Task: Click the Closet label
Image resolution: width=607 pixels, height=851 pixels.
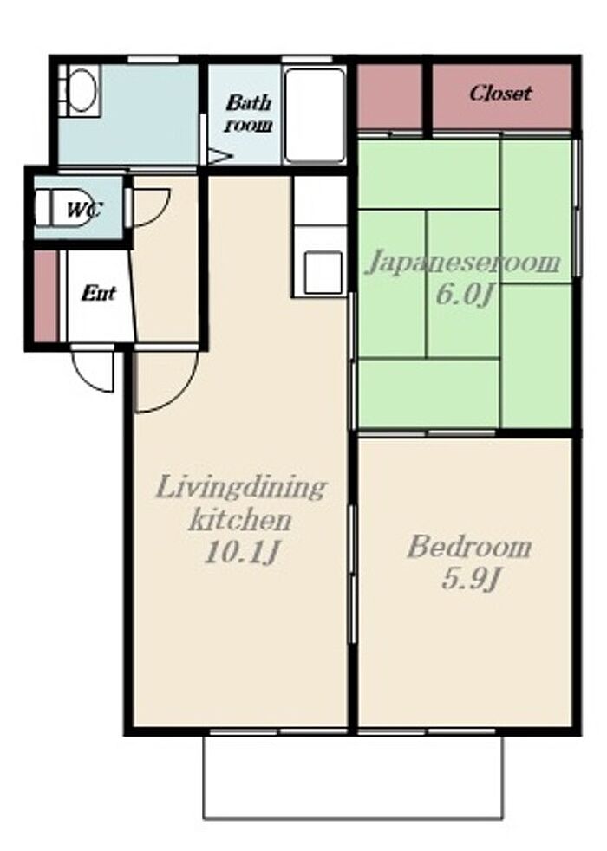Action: click(500, 94)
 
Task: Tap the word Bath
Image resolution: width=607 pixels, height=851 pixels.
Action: click(248, 102)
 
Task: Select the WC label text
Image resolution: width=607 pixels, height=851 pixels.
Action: click(83, 210)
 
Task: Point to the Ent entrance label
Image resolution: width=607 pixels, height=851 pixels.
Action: click(98, 294)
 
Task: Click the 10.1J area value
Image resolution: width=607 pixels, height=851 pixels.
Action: click(241, 553)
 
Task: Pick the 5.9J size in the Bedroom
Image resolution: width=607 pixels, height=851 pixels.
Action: click(470, 579)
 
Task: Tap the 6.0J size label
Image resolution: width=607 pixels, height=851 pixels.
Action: click(465, 296)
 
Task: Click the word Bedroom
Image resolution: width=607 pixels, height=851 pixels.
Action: click(469, 547)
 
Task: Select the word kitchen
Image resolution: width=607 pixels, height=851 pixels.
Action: click(240, 521)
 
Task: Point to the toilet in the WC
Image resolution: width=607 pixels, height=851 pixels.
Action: click(65, 207)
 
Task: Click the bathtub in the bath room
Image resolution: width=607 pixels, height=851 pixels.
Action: click(315, 115)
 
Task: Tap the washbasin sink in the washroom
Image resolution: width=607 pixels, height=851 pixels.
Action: click(82, 91)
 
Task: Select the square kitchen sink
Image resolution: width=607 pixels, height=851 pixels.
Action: click(323, 272)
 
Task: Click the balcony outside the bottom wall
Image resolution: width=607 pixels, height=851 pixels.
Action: click(353, 776)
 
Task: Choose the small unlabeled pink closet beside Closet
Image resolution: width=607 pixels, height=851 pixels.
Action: click(389, 96)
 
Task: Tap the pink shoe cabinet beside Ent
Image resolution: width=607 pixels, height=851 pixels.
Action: click(46, 296)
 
